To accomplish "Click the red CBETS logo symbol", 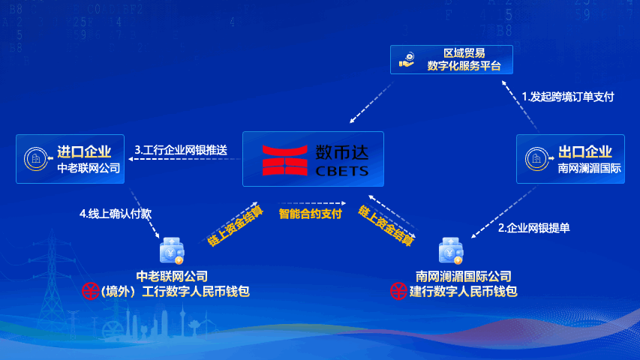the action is click(284, 160).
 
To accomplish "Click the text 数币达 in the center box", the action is click(342, 153).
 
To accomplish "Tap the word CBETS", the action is click(342, 171).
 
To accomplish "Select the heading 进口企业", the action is click(84, 151).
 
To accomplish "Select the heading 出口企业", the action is click(585, 151).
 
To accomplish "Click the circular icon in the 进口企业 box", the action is click(36, 159).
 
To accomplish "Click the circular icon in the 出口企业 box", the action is click(537, 159).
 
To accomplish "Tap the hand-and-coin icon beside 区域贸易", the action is click(407, 59).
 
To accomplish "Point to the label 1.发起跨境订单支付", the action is click(568, 97).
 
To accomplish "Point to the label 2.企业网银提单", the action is click(534, 228).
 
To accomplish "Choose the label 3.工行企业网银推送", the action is click(181, 150).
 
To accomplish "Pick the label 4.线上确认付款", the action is click(116, 214).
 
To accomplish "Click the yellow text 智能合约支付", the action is click(310, 214).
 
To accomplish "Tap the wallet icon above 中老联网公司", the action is click(172, 250).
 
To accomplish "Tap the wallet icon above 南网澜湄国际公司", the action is click(451, 250).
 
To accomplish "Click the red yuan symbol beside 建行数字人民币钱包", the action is click(398, 291).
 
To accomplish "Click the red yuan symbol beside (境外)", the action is click(90, 291).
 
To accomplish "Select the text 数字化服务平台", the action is click(464, 66).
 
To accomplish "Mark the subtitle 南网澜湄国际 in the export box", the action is click(590, 168).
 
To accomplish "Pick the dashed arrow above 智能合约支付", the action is click(312, 202).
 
